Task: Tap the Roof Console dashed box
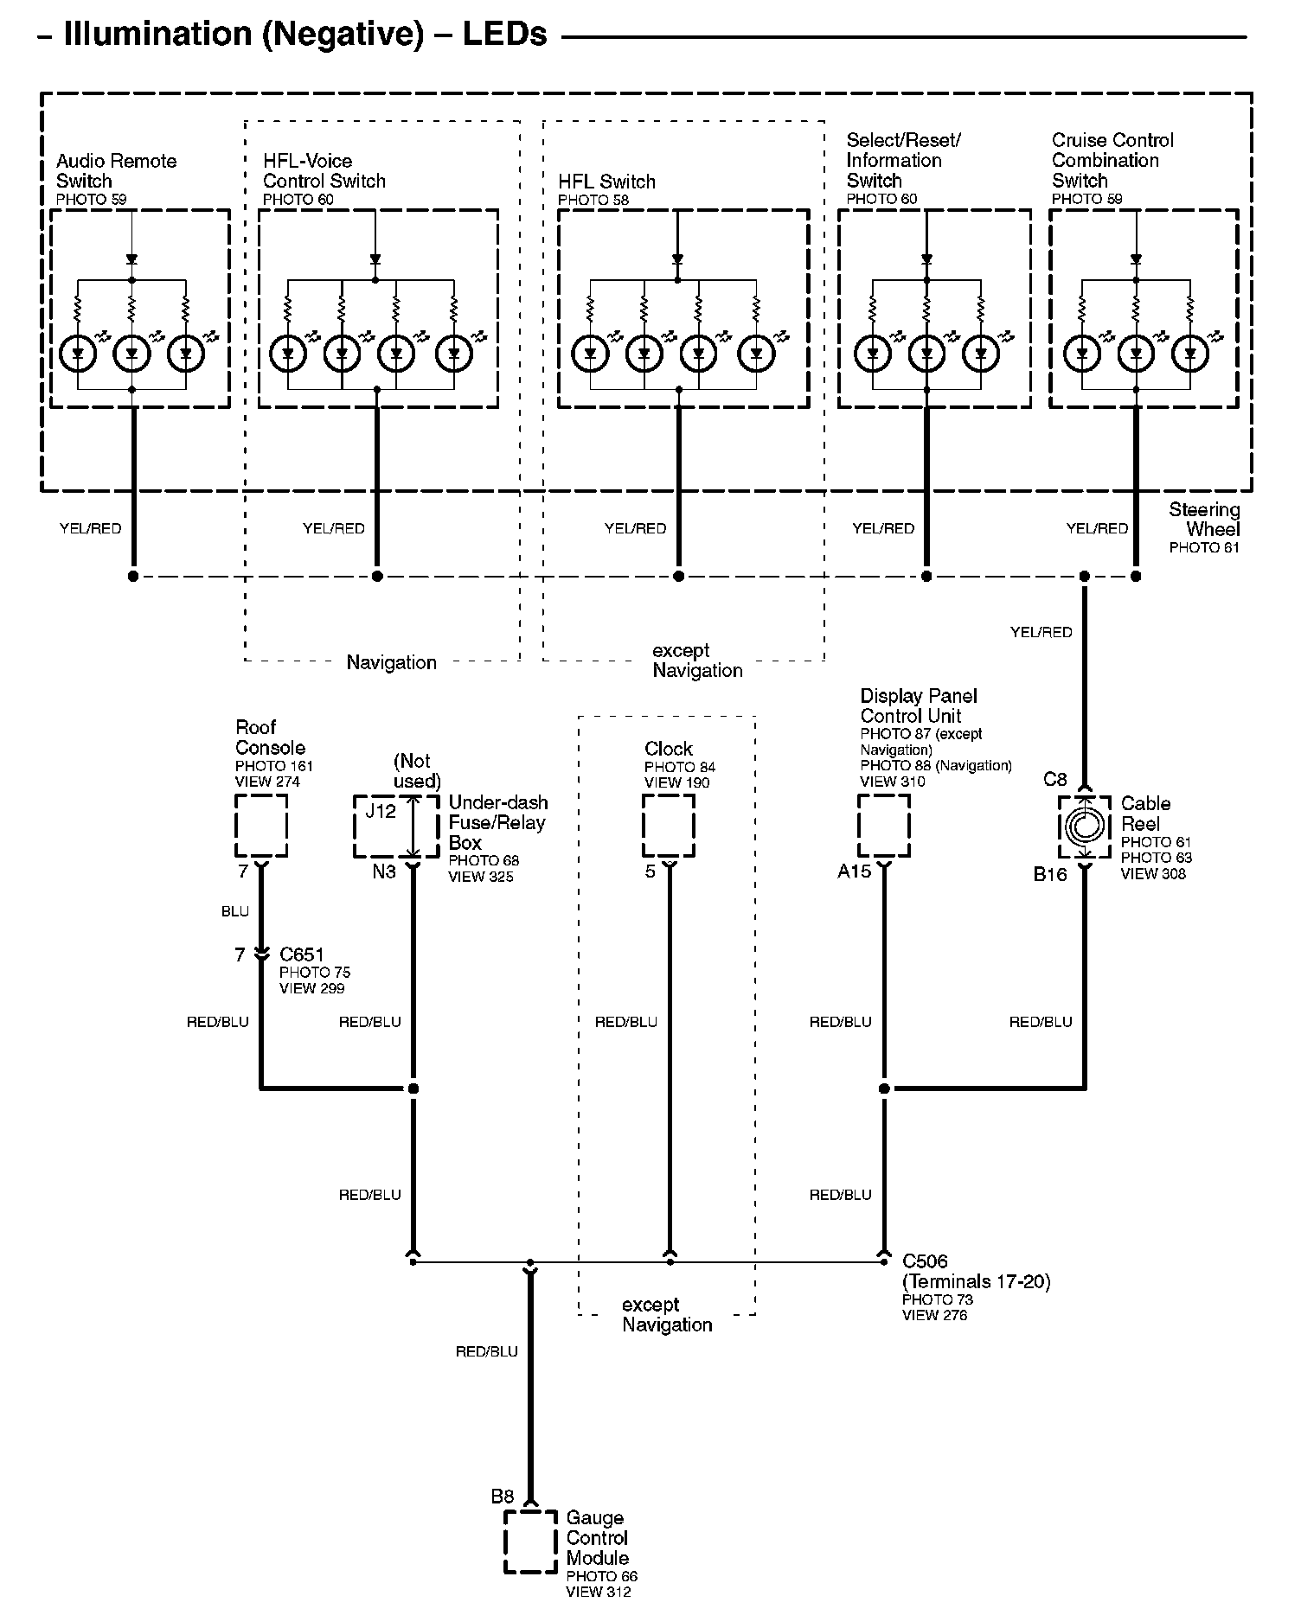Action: coord(261,796)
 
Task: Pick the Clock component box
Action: coord(669,796)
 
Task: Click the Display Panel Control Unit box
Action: coord(884,796)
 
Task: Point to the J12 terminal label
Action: coord(381,811)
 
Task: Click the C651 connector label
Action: coord(302,954)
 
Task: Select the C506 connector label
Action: coord(925,1261)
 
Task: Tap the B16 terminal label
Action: coord(1050,874)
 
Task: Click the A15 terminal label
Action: coord(854,871)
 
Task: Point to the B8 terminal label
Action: coord(503,1496)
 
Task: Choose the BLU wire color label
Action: coord(235,911)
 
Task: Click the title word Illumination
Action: coord(157,34)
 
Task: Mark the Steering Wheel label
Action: coord(1204,520)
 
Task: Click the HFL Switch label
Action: coord(606,182)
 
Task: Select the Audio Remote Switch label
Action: coord(116,171)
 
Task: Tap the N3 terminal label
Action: coord(384,871)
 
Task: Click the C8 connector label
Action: coord(1055,780)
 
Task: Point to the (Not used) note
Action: coord(417,771)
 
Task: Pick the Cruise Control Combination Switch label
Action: coord(1112,160)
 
